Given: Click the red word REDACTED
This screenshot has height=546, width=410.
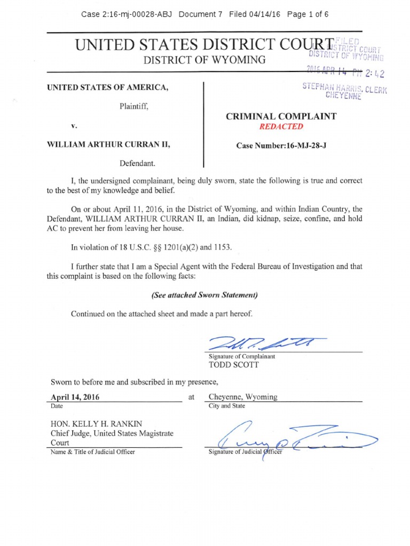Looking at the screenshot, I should click(281, 126).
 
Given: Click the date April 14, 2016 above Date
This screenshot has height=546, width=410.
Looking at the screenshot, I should click(75, 397).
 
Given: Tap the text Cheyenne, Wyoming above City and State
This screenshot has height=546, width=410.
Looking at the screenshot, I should click(243, 397).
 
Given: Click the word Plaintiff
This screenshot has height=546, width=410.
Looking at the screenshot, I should click(133, 107).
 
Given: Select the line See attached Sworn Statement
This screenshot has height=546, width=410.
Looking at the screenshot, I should click(206, 295).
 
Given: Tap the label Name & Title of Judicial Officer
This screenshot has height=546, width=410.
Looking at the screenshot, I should click(93, 452).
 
